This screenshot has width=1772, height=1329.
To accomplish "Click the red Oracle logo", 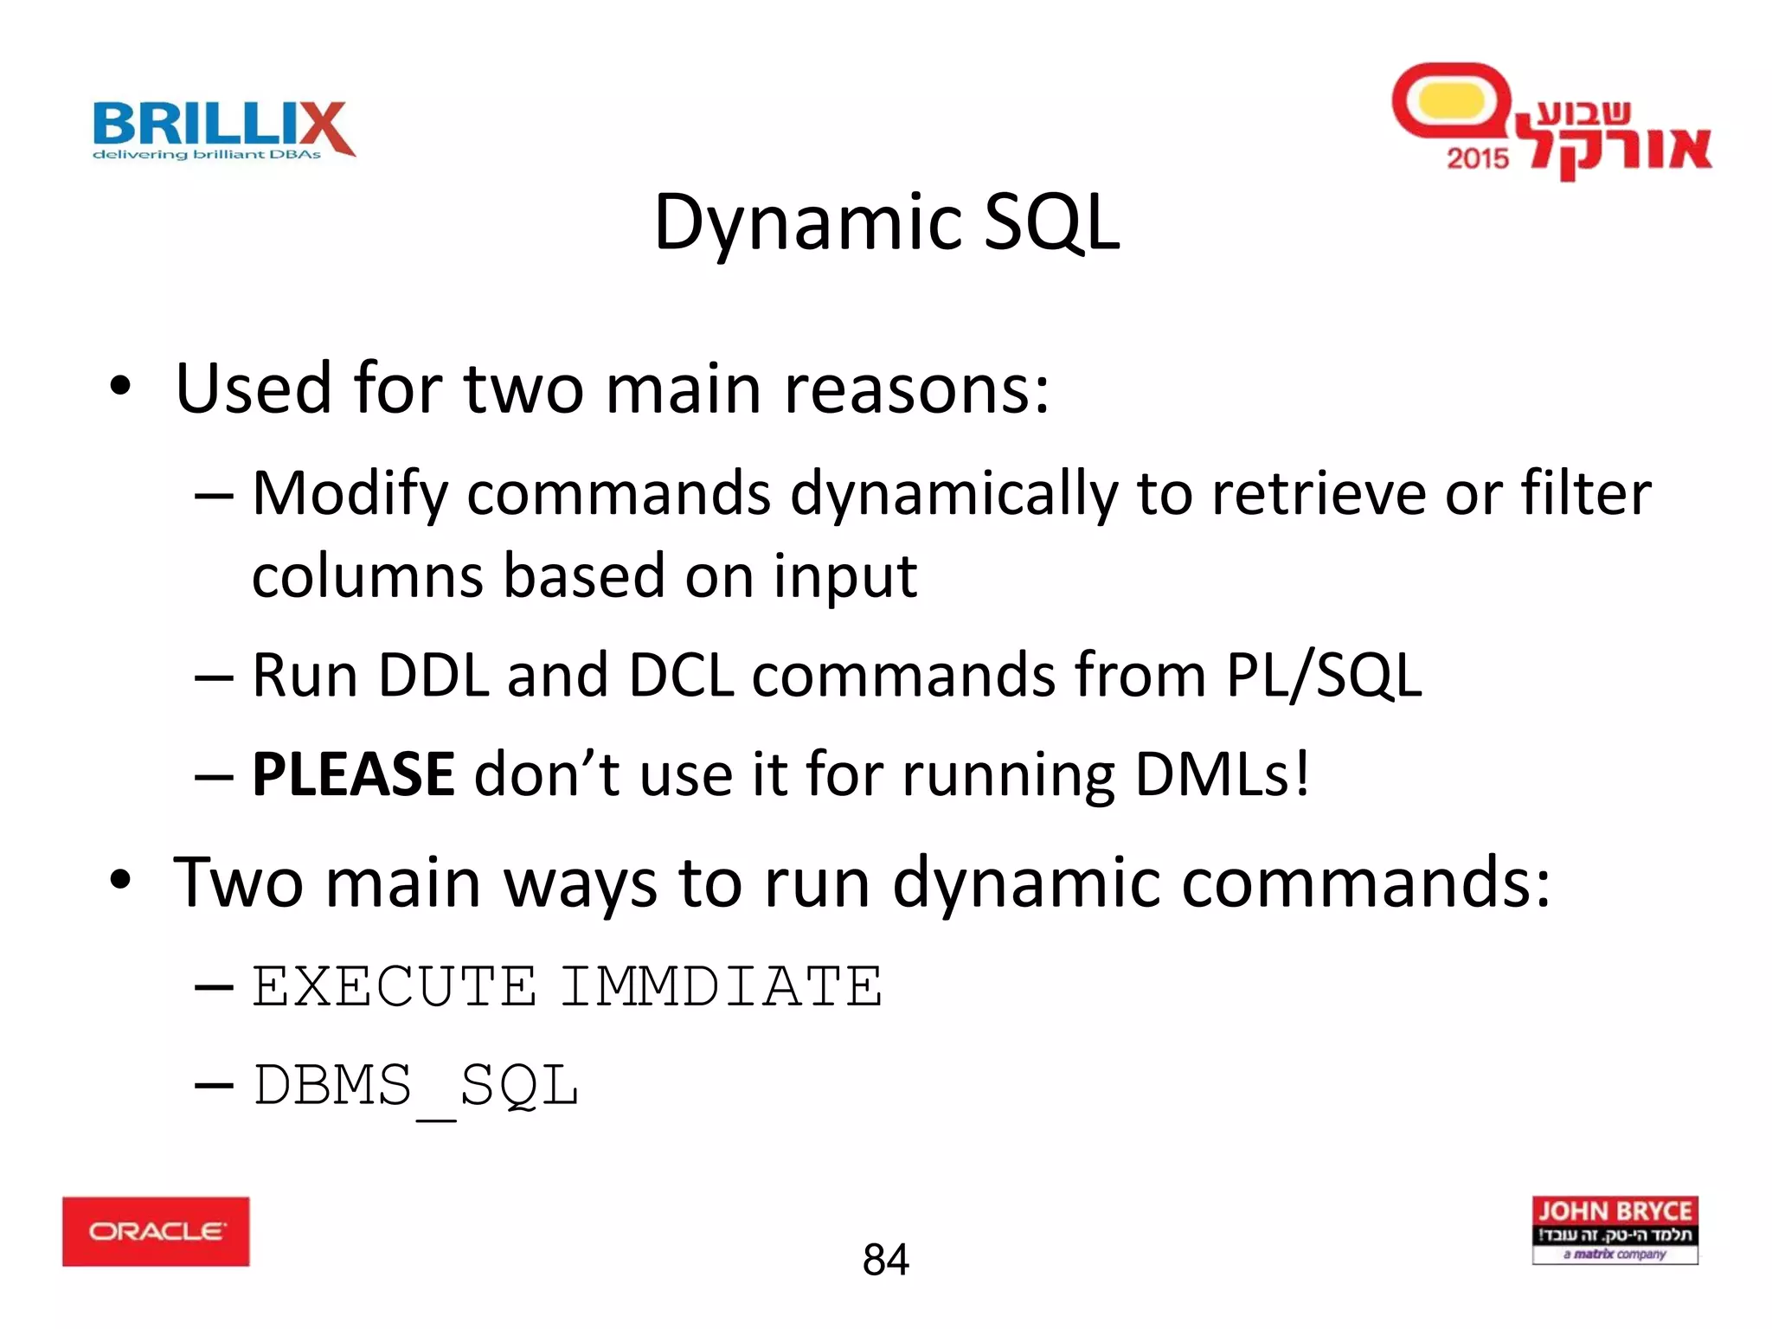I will click(156, 1230).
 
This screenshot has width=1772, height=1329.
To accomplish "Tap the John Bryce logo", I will click(1615, 1229).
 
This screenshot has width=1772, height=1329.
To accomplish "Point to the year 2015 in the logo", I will click(1477, 158).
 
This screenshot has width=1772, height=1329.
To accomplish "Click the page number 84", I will click(885, 1259).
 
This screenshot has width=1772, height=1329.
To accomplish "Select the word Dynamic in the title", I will click(807, 223).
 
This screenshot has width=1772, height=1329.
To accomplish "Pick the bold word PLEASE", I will click(352, 774).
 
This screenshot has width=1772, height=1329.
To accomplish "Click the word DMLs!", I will click(1221, 774).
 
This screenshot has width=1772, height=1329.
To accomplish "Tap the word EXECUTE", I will click(394, 986).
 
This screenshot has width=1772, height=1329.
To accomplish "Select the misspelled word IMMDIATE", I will click(721, 986).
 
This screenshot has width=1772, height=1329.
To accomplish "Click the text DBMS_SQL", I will click(415, 1086).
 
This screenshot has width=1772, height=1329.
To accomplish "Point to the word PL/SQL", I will click(1324, 675).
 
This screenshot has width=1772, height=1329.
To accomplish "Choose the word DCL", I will click(681, 675).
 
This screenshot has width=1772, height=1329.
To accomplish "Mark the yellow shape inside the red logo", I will click(1451, 101).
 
